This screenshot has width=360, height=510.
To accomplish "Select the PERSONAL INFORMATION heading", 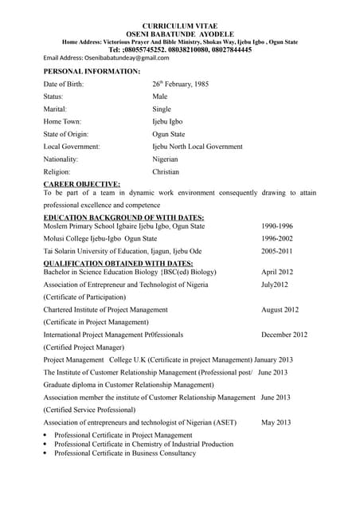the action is coord(92,72).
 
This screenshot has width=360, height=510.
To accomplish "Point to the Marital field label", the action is coord(55,108).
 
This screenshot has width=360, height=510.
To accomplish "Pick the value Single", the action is coord(162,108).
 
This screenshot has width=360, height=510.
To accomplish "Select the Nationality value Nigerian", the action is coord(166,159).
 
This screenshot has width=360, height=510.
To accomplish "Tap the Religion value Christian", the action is coord(166,172).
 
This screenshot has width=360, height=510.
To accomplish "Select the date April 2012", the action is coord(277,272).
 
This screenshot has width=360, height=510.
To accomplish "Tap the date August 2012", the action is coord(280,310).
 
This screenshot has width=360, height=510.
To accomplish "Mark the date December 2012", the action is coord(284,335).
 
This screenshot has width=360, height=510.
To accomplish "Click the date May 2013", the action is coord(276,422).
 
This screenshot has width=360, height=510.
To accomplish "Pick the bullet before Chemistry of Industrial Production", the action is coord(46,445).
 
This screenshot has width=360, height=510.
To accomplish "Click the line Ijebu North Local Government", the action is coord(198,147).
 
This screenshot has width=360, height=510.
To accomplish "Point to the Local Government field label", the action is coord(72,147).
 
